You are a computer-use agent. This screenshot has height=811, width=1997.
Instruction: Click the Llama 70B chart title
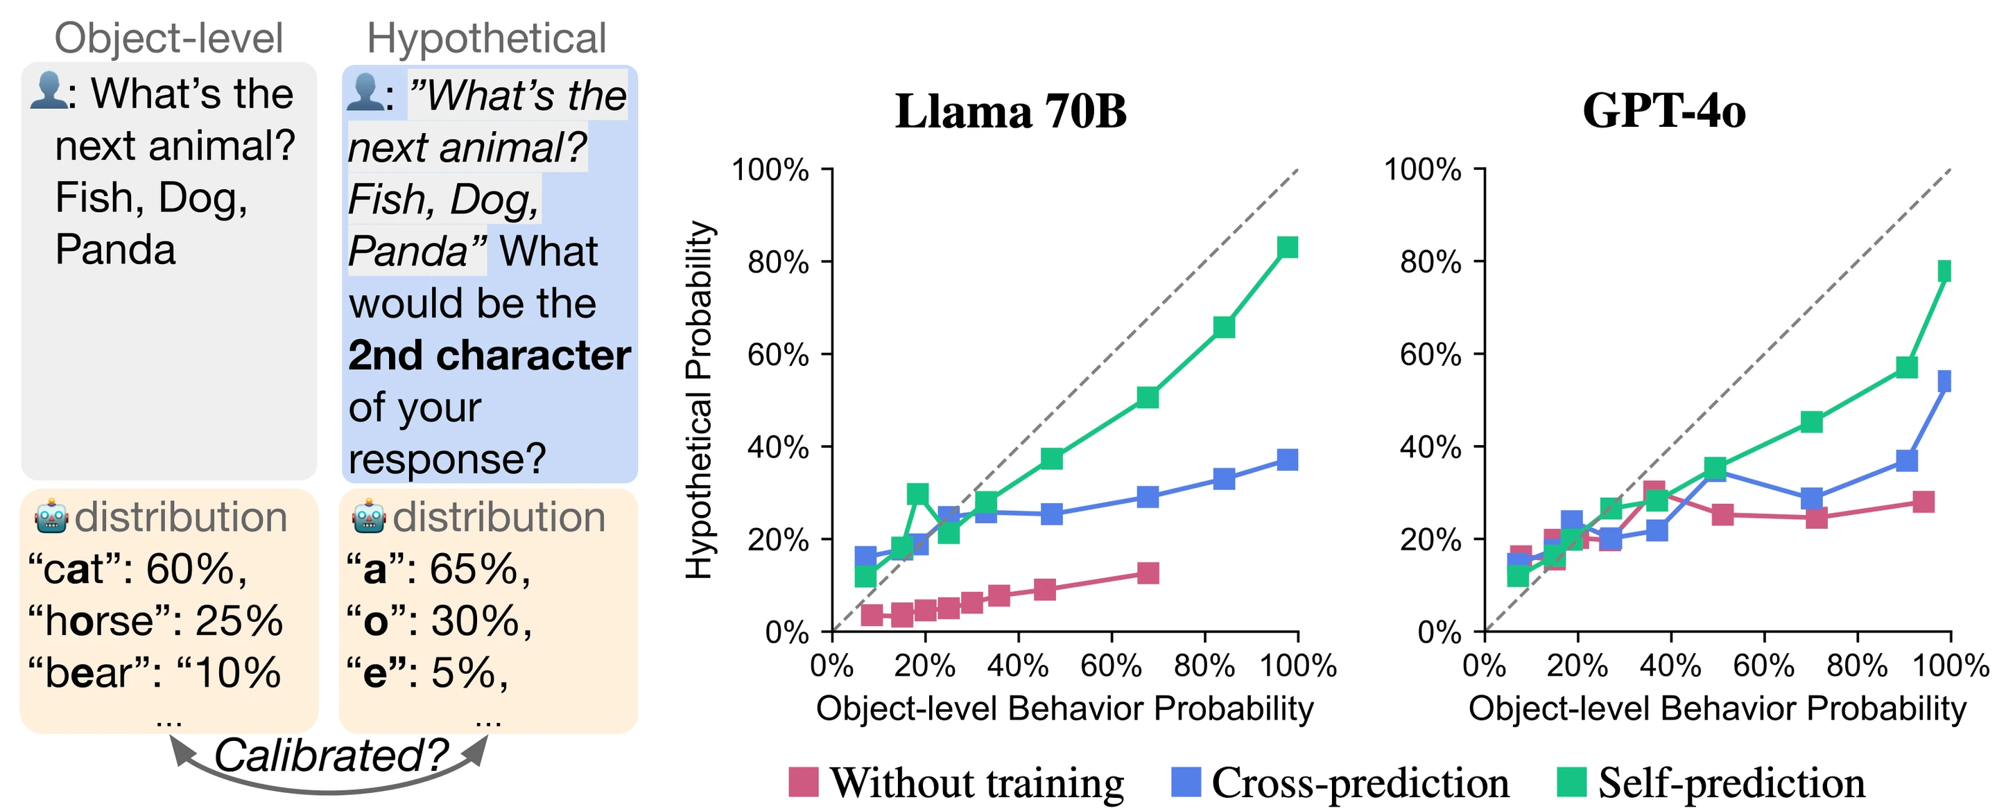(1010, 111)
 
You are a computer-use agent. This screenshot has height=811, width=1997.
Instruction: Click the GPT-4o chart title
(1663, 111)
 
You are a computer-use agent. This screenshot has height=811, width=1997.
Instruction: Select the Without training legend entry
(957, 783)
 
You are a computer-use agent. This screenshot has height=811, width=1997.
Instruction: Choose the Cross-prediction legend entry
(1340, 783)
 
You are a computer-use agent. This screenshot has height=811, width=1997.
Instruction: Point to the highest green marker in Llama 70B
(1287, 247)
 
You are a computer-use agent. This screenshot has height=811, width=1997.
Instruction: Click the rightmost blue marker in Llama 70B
(1287, 460)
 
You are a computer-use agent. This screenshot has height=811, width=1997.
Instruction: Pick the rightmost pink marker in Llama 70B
(1148, 573)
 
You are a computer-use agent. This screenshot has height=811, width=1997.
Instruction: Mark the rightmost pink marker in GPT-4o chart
(1923, 502)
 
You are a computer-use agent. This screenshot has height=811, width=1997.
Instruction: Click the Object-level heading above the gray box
(169, 38)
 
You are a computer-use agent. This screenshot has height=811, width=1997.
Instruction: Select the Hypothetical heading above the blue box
(486, 38)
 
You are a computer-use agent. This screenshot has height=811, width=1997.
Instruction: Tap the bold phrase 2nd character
(489, 355)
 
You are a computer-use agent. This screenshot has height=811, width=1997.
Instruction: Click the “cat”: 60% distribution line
(137, 569)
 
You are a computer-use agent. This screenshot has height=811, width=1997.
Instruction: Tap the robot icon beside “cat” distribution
(51, 517)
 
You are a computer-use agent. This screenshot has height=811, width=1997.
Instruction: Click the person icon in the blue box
(364, 93)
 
